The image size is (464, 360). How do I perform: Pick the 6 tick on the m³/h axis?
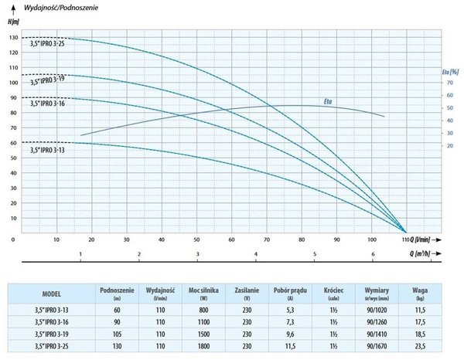(x=374, y=254)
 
